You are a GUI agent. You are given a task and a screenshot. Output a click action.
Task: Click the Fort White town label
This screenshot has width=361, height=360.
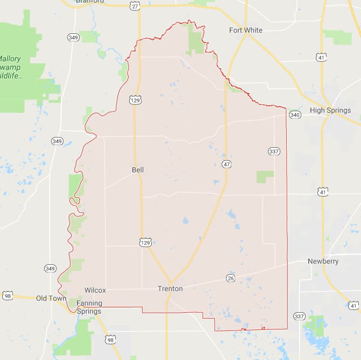pyautogui.click(x=245, y=30)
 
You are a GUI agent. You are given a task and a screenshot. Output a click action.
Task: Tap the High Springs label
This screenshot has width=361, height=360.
pyautogui.click(x=330, y=110)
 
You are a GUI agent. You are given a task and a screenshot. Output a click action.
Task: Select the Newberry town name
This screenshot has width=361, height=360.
pyautogui.click(x=323, y=261)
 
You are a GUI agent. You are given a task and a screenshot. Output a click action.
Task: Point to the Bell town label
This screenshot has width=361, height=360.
pyautogui.click(x=138, y=170)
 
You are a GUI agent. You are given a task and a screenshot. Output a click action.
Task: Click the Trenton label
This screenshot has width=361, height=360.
pyautogui.click(x=170, y=289)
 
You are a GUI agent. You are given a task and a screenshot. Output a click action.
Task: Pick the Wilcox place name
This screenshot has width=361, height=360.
pyautogui.click(x=95, y=290)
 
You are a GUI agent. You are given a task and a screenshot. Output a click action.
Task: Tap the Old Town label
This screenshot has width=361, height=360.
pyautogui.click(x=51, y=298)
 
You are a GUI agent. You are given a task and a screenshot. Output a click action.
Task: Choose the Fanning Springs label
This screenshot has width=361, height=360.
pyautogui.click(x=89, y=307)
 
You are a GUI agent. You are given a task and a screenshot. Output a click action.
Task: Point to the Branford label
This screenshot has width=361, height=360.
pyautogui.click(x=90, y=2)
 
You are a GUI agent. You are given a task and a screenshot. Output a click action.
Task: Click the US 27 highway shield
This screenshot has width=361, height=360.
pyautogui.click(x=135, y=6)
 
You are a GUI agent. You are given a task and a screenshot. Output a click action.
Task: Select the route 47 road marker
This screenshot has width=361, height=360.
pyautogui.click(x=227, y=164)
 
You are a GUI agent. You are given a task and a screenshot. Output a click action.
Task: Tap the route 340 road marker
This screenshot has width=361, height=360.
pyautogui.click(x=294, y=114)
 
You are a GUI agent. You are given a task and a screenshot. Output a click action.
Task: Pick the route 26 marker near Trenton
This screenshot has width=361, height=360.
pyautogui.click(x=230, y=278)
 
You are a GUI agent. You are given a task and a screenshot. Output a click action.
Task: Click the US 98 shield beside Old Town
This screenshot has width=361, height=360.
pyautogui.click(x=7, y=296)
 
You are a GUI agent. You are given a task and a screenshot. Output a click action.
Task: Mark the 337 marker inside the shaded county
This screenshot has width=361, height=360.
pyautogui.click(x=274, y=152)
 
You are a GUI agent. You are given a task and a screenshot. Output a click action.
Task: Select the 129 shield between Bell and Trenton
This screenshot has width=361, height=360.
pyautogui.click(x=145, y=243)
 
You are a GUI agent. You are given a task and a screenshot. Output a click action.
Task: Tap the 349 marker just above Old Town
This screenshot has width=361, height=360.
pyautogui.click(x=50, y=268)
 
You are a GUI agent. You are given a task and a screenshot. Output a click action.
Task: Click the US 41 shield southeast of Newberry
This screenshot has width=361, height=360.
pyautogui.click(x=353, y=305)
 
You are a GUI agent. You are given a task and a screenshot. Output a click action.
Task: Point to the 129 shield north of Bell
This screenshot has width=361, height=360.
pyautogui.click(x=135, y=100)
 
